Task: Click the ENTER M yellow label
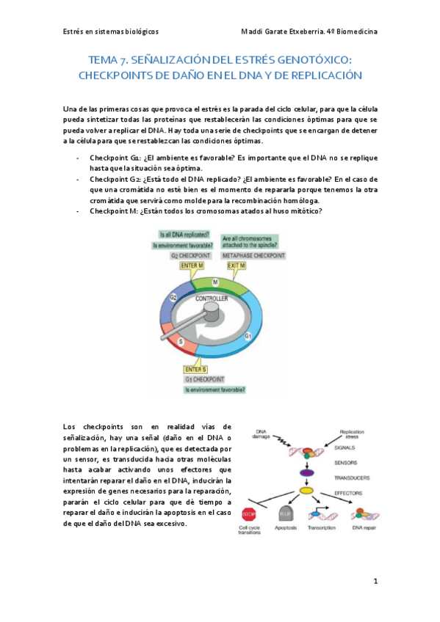coord(190,266)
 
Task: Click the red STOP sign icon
coord(248,513)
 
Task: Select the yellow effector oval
coord(307,490)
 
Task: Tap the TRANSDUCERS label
coord(351,477)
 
